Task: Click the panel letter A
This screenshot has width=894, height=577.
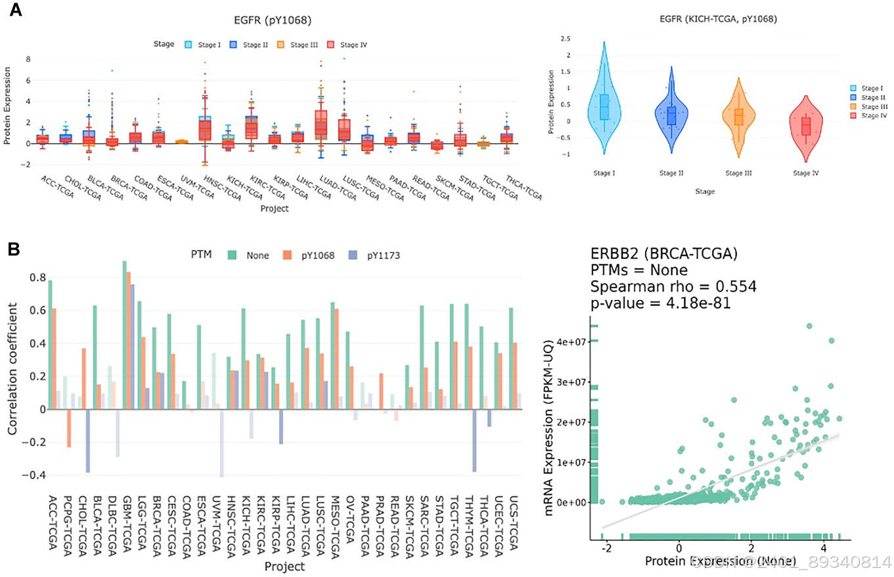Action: (14, 11)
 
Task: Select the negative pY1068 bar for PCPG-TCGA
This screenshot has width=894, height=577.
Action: (68, 428)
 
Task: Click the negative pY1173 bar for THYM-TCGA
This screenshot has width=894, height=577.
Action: (474, 440)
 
